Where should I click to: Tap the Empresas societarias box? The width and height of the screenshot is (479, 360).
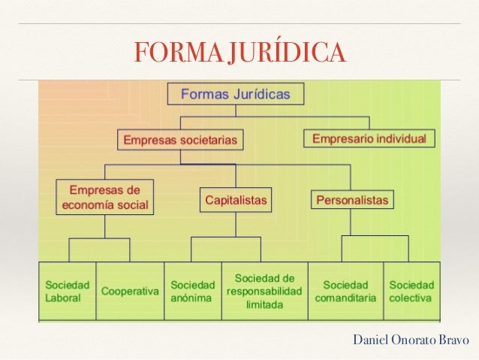point(180,140)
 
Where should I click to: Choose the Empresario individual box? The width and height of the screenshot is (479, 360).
point(369,139)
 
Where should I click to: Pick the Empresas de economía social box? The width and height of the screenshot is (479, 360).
point(104,197)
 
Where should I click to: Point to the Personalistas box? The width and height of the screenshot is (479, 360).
point(352,201)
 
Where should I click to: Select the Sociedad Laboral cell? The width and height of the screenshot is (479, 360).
point(68,292)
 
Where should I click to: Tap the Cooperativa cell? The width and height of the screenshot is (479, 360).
point(130,292)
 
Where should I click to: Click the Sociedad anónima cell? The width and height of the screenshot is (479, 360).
point(192,292)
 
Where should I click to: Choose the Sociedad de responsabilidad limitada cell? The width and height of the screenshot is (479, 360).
point(264,292)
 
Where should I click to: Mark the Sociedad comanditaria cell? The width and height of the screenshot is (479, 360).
point(345,292)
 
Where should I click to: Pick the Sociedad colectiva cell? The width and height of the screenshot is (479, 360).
point(411,292)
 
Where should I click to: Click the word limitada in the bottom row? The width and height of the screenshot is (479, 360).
point(264,305)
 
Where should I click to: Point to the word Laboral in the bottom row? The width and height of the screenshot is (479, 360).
point(62,298)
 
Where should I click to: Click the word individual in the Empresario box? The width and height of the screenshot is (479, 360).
point(401,139)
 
